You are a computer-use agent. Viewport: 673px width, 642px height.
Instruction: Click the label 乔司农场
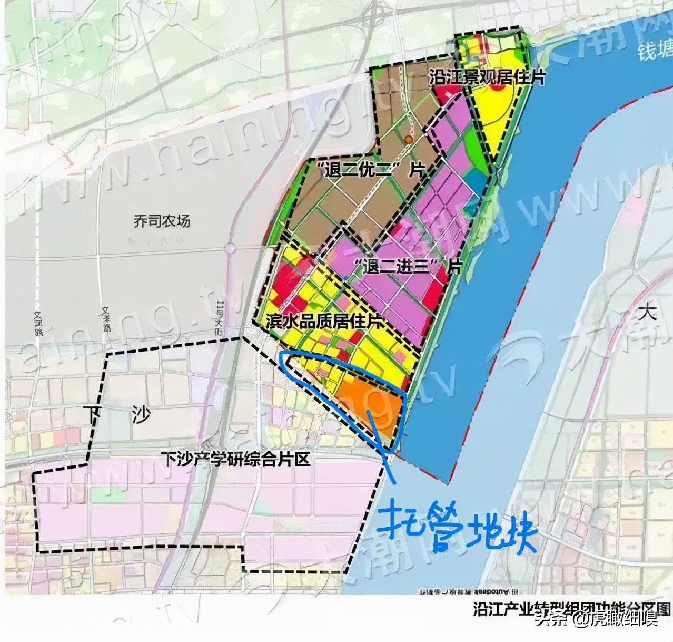click(161, 221)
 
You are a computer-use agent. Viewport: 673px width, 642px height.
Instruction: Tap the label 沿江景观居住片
click(487, 77)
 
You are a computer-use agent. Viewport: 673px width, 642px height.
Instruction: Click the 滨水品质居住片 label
click(324, 321)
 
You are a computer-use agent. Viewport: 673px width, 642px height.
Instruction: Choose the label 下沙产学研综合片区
click(235, 459)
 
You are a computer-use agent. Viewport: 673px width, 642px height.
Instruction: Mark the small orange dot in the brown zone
click(408, 139)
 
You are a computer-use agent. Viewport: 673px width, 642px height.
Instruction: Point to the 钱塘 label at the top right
click(655, 52)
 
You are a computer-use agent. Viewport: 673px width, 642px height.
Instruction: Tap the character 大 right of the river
click(647, 312)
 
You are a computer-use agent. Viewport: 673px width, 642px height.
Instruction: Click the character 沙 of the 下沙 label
click(141, 415)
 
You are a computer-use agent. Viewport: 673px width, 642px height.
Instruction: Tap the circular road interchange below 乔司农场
click(230, 248)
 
